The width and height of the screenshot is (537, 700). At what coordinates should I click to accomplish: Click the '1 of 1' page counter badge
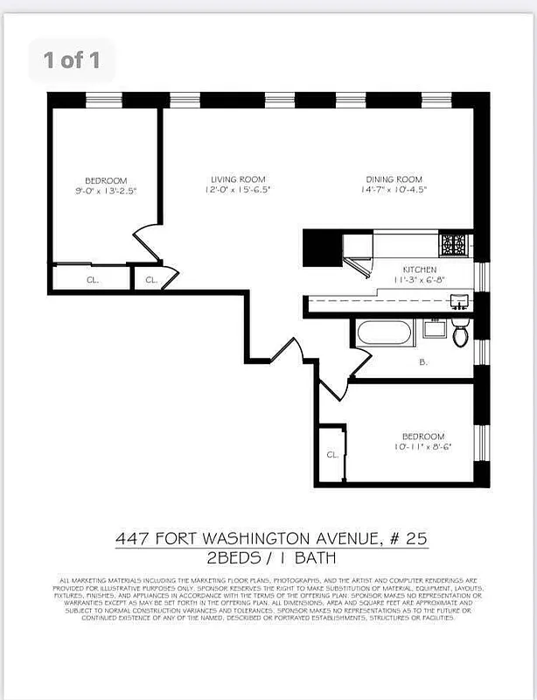point(72,60)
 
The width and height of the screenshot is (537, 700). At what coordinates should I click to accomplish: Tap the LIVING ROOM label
point(238,179)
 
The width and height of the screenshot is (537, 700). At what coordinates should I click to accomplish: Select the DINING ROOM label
point(394,179)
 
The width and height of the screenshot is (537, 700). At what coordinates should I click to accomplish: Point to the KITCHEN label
point(419,269)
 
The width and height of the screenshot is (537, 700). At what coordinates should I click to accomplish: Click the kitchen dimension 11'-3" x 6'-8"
point(419,281)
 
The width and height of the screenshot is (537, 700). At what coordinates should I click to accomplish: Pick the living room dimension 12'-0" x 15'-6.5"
point(238,190)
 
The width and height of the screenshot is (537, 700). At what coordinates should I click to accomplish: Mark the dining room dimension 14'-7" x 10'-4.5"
point(394,190)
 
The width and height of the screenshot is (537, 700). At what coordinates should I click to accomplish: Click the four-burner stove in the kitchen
point(454,243)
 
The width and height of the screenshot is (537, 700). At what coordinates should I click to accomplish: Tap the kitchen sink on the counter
point(458,303)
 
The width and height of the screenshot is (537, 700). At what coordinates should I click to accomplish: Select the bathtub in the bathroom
point(384,333)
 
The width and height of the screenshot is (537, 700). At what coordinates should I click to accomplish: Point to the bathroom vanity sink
point(432,330)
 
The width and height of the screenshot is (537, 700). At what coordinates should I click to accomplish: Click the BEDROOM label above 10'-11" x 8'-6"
point(423,436)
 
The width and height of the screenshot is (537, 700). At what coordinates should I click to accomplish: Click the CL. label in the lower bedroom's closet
point(331,455)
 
